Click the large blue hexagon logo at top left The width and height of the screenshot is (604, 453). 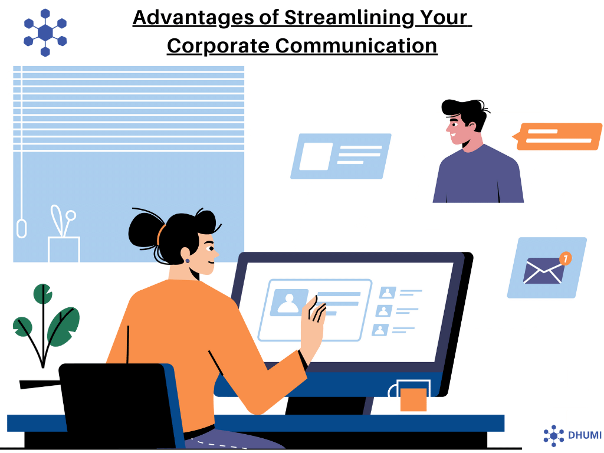[45, 33]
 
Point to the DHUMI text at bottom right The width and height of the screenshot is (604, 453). [585, 435]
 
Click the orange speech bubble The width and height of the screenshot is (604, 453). [557, 136]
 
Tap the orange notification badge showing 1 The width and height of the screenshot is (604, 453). [566, 258]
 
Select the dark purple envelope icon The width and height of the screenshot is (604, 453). [543, 271]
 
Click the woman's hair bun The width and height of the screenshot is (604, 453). [143, 231]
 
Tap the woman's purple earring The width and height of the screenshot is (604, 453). [188, 261]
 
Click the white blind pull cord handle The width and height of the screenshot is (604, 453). [22, 228]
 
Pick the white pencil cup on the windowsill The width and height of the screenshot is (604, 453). [64, 250]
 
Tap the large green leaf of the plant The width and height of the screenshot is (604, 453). [64, 326]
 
